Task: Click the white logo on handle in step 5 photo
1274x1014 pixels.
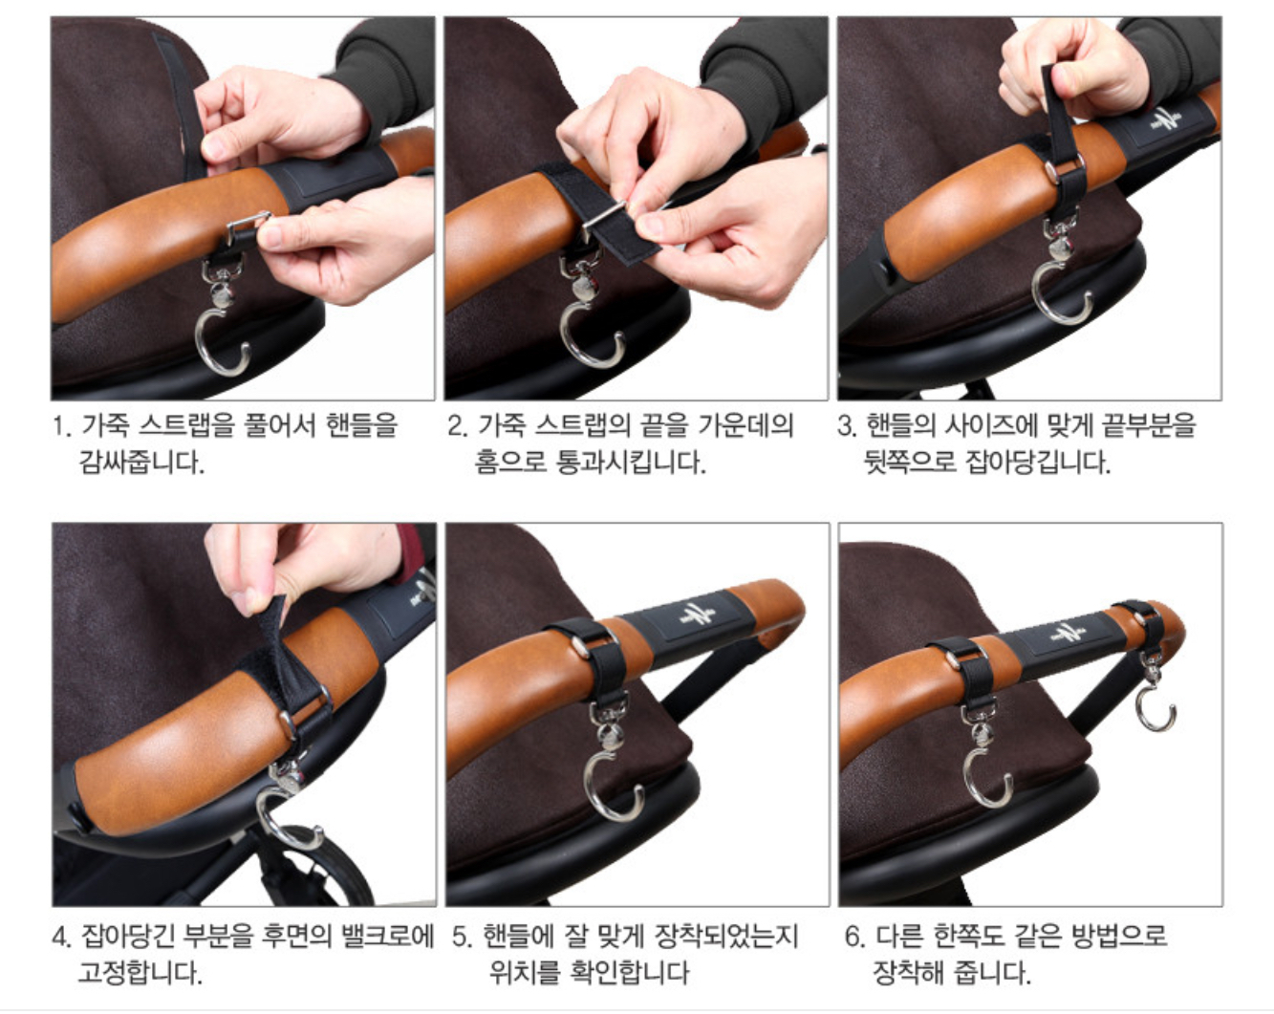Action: (698, 614)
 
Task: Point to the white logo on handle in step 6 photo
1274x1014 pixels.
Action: (1069, 633)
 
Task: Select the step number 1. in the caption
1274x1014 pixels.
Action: (62, 426)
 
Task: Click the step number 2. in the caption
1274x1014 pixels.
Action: (458, 426)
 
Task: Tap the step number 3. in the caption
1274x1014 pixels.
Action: (848, 426)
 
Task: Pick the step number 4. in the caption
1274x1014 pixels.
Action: (63, 936)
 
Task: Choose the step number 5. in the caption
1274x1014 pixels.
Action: (463, 936)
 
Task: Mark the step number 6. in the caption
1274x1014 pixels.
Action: (855, 936)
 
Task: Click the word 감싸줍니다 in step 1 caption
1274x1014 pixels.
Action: (142, 463)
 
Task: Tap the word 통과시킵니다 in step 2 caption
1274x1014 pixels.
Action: (631, 463)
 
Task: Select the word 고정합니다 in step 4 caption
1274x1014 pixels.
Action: (140, 973)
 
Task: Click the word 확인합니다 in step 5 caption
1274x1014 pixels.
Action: (629, 973)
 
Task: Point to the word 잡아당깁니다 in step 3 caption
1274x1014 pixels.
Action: (1038, 463)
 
